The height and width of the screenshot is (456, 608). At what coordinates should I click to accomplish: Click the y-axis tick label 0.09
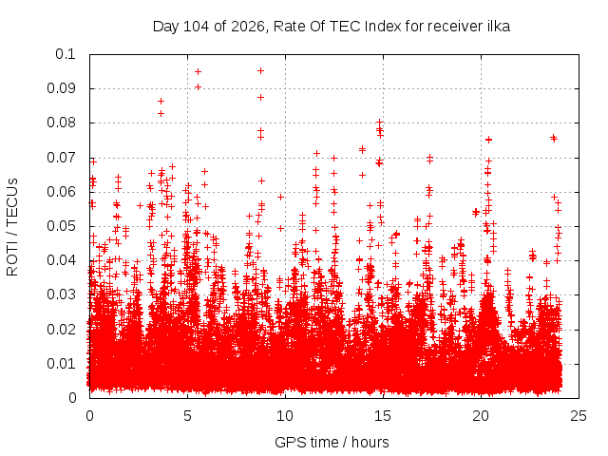(x=61, y=88)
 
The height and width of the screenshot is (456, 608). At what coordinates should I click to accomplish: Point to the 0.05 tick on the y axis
(x=61, y=226)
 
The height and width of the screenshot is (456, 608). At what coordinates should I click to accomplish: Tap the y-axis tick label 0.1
(x=66, y=54)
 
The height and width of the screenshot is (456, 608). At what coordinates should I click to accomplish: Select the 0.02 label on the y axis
(x=61, y=330)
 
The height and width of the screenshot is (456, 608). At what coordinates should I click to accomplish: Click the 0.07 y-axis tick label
(x=61, y=158)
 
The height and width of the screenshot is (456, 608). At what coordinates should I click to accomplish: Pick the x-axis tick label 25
(x=579, y=416)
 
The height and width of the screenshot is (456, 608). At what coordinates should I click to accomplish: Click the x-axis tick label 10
(x=285, y=416)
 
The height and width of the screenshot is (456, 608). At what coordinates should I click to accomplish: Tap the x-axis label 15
(x=383, y=416)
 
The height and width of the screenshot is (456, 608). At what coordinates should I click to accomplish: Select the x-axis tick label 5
(x=187, y=416)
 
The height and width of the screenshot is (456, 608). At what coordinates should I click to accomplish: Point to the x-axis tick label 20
(x=481, y=416)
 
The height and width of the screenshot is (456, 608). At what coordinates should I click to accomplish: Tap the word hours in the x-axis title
(x=370, y=442)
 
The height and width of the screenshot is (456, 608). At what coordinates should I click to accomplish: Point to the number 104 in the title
(x=196, y=27)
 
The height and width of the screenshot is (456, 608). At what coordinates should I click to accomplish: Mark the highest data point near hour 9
(x=260, y=70)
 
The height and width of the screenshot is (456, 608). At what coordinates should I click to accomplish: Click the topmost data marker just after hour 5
(x=198, y=72)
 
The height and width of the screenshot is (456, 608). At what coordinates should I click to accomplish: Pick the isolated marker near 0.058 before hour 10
(x=281, y=197)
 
